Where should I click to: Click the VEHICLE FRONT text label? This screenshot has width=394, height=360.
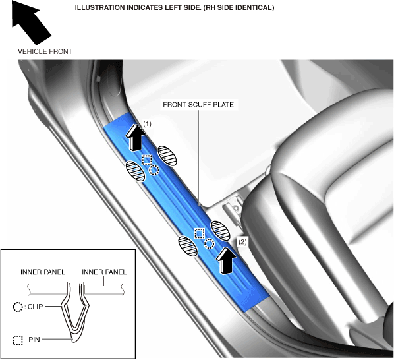click(x=45, y=51)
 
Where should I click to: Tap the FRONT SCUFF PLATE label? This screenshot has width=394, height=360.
click(x=198, y=105)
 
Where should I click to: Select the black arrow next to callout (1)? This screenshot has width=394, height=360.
click(x=134, y=138)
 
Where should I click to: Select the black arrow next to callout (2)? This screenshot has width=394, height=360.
click(x=226, y=260)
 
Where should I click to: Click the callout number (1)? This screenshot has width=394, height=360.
click(x=147, y=124)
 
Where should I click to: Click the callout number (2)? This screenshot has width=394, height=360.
click(x=242, y=242)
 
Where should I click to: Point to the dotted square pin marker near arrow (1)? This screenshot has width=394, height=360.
click(x=147, y=160)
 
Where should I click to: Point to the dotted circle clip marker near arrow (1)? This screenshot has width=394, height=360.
click(x=154, y=170)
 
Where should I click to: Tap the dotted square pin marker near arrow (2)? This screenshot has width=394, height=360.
click(x=200, y=233)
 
